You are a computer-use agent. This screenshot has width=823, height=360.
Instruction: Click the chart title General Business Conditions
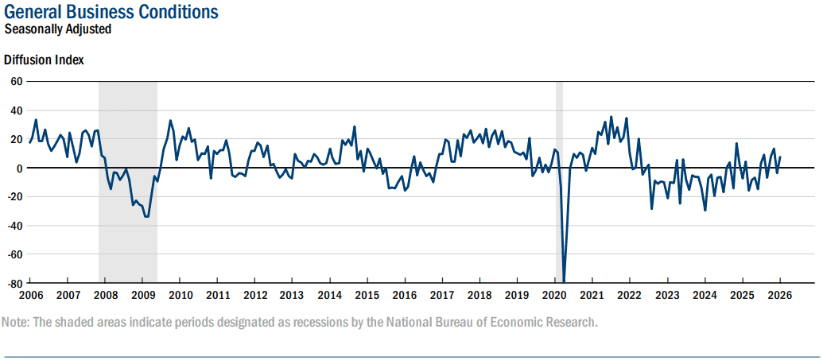(x=111, y=13)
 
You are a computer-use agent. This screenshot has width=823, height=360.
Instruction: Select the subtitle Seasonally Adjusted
(x=57, y=29)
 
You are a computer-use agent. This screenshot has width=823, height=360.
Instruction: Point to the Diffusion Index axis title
(x=44, y=60)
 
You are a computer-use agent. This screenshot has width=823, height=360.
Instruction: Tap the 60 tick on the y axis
(x=16, y=81)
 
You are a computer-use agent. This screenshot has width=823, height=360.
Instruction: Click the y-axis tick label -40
(x=14, y=226)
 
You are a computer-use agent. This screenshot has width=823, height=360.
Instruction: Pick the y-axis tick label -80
(x=14, y=283)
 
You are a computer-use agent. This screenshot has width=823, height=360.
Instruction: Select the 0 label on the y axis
(x=19, y=168)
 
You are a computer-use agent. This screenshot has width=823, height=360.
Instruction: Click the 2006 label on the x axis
(x=30, y=295)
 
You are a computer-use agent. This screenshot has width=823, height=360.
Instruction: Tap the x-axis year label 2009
(x=143, y=295)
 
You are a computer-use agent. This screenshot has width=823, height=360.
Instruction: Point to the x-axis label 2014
(x=330, y=295)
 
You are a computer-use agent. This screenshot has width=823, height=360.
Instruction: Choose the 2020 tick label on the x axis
(x=554, y=295)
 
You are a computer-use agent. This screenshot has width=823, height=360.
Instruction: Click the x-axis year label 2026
(x=779, y=295)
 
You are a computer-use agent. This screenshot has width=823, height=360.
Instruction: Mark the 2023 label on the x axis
(x=667, y=295)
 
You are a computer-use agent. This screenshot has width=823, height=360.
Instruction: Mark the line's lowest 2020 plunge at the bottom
(x=564, y=281)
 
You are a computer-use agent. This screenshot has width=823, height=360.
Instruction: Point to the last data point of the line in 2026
(x=780, y=157)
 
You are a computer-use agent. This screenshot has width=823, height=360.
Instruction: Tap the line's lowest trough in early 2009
(x=146, y=216)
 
